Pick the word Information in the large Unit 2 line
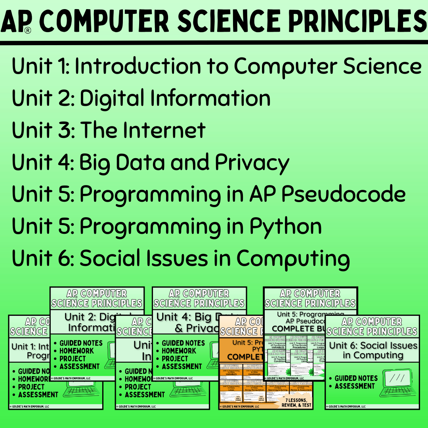(x=175, y=98)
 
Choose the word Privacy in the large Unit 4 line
(x=252, y=162)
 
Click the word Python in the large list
(x=285, y=227)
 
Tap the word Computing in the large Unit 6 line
(x=293, y=259)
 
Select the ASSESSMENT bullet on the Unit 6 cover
(x=354, y=386)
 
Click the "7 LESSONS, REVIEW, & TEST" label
(x=296, y=402)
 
